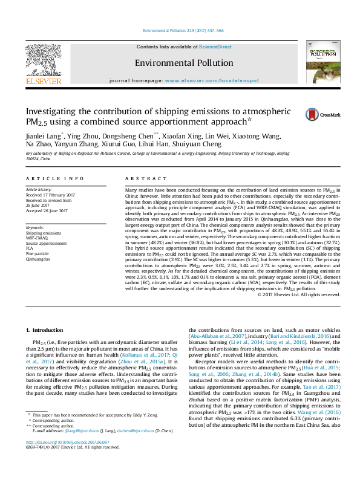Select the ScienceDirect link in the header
click(215, 47)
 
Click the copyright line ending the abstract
click(298, 294)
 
